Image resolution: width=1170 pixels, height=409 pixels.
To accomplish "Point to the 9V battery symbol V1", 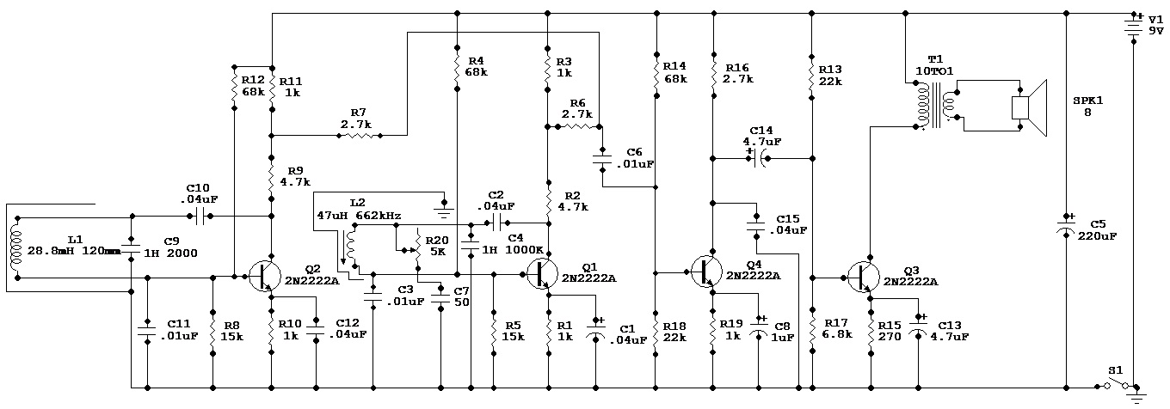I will click(x=1136, y=28).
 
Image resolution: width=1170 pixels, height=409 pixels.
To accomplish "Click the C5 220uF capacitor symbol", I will click(x=1066, y=228).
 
